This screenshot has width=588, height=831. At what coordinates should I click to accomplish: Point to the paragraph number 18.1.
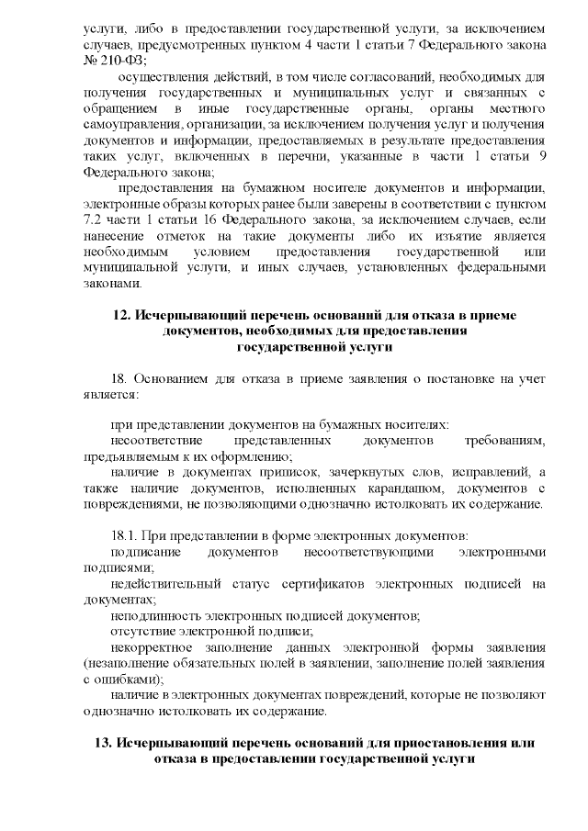[124, 534]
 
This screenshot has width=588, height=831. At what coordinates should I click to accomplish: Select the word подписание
[145, 551]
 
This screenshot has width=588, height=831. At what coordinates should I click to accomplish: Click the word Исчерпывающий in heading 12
[187, 315]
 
